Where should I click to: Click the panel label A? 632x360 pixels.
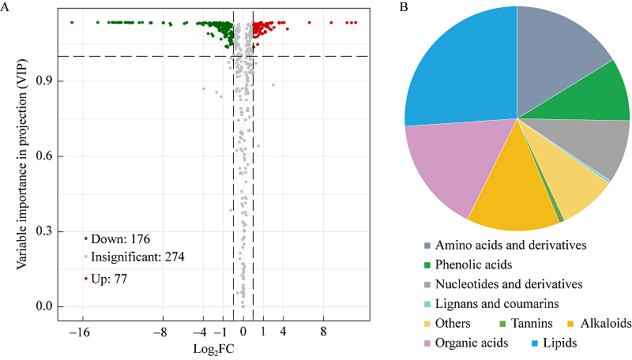(x=6, y=7)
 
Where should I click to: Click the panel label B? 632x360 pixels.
(x=404, y=7)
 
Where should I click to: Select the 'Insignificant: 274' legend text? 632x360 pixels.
(x=137, y=257)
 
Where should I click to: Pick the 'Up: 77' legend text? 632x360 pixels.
(x=109, y=279)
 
